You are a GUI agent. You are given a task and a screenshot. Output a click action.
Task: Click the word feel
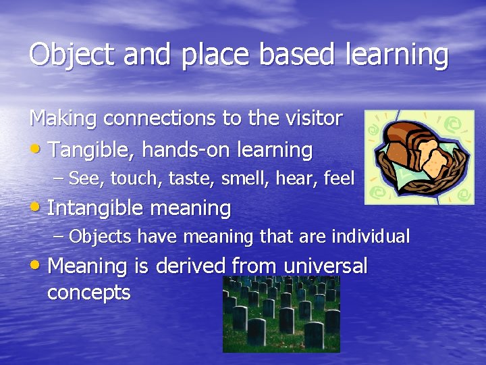[x=339, y=178]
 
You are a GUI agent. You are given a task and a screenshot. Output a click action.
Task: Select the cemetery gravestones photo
[x=281, y=314]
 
